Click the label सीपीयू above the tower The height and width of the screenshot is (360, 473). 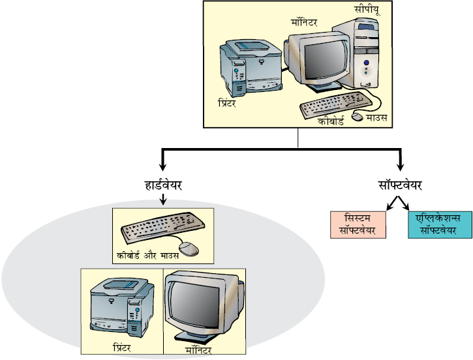pos(367,10)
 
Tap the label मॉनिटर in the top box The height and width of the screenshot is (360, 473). pos(304,23)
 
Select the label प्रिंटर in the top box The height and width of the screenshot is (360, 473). pos(226,103)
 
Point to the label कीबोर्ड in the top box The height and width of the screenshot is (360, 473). pos(331,121)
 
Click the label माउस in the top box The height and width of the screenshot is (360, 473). pos(377,117)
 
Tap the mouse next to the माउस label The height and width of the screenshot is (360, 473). pos(358,117)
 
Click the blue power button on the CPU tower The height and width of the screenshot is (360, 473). pos(366,63)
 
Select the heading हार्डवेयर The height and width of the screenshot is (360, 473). pos(163,185)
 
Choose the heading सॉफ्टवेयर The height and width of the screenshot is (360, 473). pos(400,185)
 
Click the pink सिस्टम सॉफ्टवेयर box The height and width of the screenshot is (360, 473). pos(358,225)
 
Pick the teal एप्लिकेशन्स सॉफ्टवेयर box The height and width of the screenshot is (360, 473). pos(440,225)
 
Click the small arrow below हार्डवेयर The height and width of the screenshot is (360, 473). pos(163,200)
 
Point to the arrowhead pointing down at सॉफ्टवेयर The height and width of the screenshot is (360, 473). pos(401,167)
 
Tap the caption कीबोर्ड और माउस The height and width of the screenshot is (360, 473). pos(147,256)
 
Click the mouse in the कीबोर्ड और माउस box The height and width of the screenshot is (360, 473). pos(189,249)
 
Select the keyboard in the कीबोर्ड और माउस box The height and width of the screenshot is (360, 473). pos(162,227)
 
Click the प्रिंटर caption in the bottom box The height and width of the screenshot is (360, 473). pos(122,348)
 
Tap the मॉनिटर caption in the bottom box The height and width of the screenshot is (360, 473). pos(198,350)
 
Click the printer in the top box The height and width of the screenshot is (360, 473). pos(251,68)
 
